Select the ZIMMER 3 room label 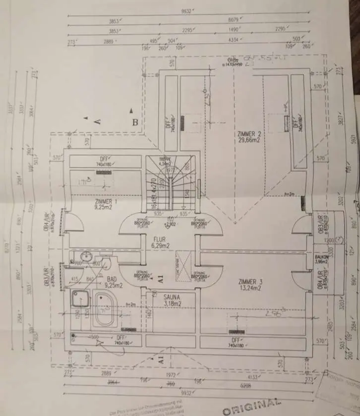(x=250, y=282)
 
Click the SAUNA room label (x=172, y=296)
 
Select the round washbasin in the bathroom (x=86, y=256)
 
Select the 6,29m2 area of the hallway (x=162, y=245)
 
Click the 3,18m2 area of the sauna (x=172, y=302)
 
